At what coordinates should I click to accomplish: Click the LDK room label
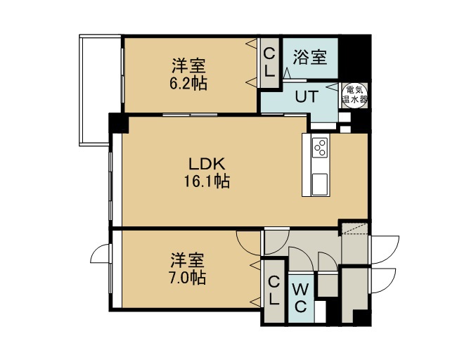point(206,164)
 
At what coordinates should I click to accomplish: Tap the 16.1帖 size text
point(206,181)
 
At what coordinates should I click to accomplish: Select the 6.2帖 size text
point(188,83)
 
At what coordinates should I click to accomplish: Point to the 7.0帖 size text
point(188,278)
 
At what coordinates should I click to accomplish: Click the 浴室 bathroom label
point(309,58)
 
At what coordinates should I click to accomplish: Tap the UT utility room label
point(307,96)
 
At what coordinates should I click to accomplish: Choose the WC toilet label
point(300,297)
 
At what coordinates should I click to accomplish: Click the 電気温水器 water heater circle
point(354,96)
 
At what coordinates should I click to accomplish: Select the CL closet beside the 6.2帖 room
point(269,63)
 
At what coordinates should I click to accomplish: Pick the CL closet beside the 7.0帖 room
point(274,290)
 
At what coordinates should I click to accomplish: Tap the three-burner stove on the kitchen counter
point(320,147)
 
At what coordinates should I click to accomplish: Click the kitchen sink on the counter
point(320,184)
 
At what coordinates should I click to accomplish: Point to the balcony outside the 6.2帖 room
point(94,91)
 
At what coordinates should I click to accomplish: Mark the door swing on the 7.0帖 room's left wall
point(100,254)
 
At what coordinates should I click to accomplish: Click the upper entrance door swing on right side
point(385,249)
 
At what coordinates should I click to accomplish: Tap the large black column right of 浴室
point(354,57)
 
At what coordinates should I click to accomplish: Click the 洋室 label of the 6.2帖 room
point(188,65)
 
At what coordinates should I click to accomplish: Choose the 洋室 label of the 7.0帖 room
point(188,260)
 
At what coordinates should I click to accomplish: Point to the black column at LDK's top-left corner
point(119,123)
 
